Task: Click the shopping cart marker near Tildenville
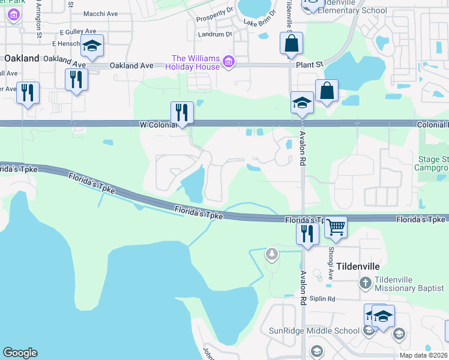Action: (336, 227)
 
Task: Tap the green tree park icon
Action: (273, 254)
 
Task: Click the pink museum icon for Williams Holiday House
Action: (228, 61)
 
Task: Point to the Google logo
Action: (20, 353)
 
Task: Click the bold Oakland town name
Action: (22, 58)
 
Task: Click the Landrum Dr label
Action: (215, 34)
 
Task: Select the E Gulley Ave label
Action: (78, 31)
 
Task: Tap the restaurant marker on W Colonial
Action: (181, 112)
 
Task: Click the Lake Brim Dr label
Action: (259, 22)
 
